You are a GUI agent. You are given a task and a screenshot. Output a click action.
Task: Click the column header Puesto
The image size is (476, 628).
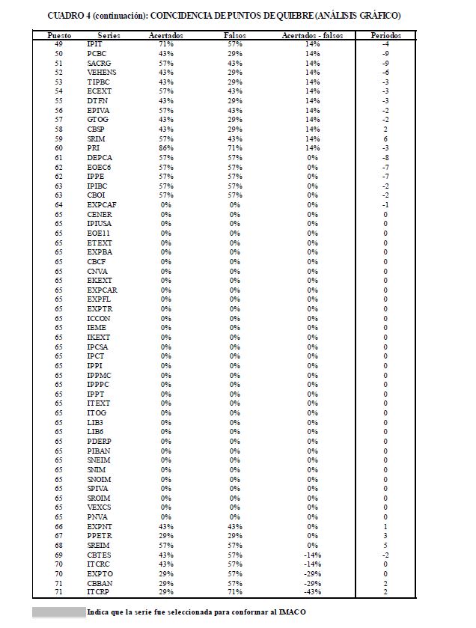tap(59, 35)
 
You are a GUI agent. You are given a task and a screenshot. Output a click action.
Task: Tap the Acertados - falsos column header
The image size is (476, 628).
tap(312, 35)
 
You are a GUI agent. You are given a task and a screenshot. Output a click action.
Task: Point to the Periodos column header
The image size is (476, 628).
tap(385, 35)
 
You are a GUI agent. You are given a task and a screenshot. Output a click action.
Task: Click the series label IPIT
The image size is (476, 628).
tap(95, 44)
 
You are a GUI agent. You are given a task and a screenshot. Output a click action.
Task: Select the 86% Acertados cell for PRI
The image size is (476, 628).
tap(166, 148)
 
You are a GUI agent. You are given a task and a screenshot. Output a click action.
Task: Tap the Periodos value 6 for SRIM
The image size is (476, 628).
tap(385, 139)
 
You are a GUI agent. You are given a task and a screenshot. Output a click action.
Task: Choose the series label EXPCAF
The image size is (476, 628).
tap(102, 205)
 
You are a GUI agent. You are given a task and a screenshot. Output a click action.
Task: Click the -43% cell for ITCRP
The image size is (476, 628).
tap(312, 593)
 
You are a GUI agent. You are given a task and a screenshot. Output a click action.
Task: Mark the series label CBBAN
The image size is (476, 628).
tap(100, 583)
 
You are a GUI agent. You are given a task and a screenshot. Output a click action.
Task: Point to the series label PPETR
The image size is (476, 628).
tap(99, 536)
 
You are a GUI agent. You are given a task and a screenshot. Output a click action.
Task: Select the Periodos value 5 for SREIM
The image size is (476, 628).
tap(385, 546)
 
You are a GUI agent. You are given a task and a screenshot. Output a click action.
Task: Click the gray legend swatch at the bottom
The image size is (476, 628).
tap(59, 612)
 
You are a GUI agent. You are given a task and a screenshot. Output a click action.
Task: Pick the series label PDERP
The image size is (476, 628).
tap(99, 442)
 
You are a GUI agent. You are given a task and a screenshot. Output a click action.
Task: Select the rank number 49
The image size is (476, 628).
tap(59, 44)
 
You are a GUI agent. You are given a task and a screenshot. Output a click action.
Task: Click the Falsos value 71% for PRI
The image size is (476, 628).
tap(235, 148)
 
